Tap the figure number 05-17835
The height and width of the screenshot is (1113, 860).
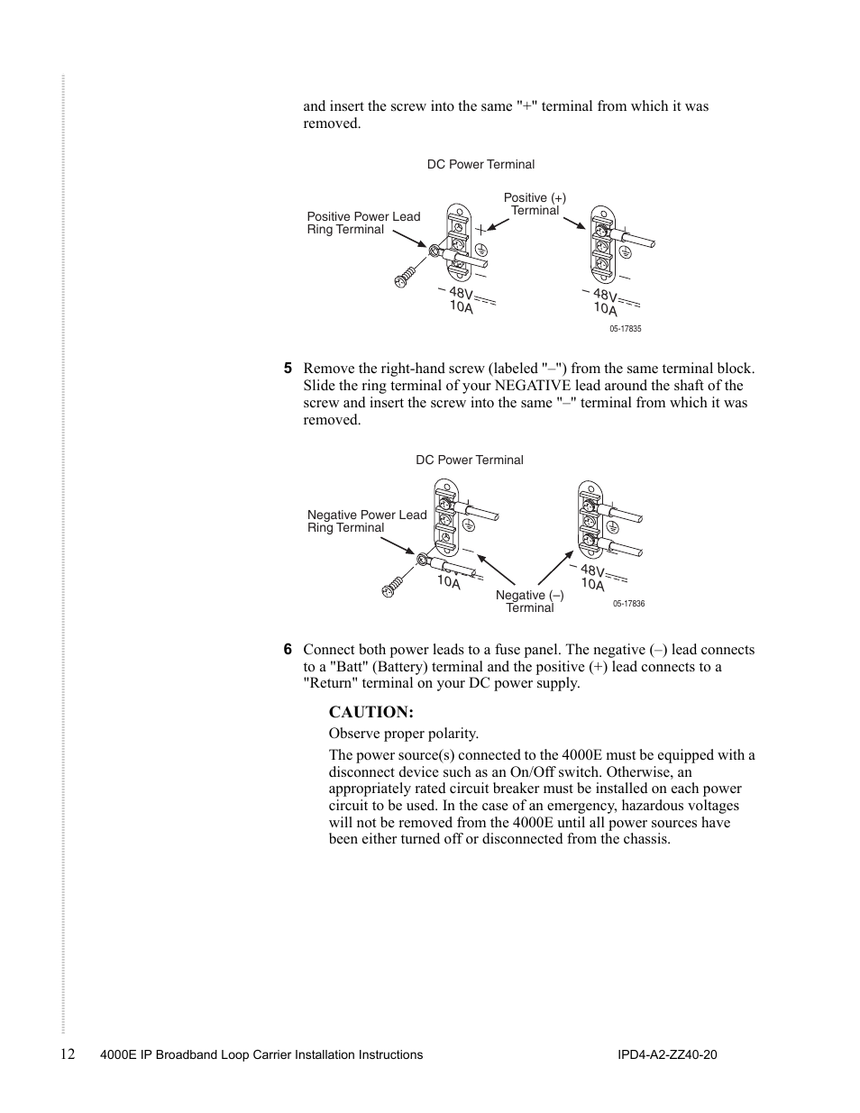(625, 329)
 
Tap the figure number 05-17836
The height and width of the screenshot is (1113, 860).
(628, 604)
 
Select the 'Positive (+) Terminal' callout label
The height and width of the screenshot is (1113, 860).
(535, 204)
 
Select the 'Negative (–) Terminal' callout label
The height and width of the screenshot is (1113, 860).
(529, 601)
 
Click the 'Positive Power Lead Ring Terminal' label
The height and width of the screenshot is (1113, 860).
(363, 223)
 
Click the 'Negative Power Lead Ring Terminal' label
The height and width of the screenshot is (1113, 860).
(367, 521)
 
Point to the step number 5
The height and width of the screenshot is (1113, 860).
(288, 369)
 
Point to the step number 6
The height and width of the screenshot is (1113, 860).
(288, 650)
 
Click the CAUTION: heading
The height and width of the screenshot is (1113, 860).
(371, 712)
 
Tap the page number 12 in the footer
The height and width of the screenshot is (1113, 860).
(69, 1054)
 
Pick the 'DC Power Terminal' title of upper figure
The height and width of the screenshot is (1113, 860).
(480, 164)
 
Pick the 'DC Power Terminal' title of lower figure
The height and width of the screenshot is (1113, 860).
(469, 460)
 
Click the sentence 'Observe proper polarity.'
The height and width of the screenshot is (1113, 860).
(403, 734)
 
